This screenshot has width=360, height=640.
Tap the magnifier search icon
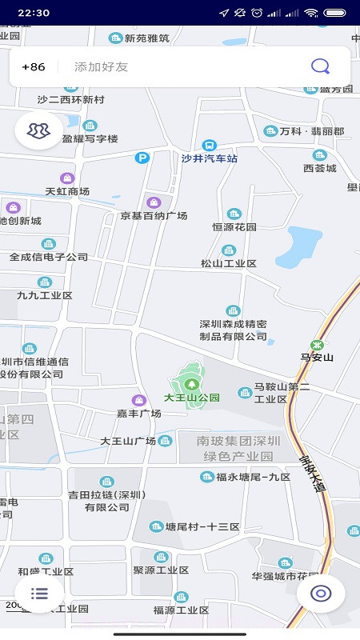tap(320, 66)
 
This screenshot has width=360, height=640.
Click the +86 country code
tap(34, 67)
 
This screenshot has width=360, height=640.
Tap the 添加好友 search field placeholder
tap(101, 67)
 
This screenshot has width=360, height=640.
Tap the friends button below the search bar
tap(38, 130)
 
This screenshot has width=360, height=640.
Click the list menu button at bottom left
tap(39, 593)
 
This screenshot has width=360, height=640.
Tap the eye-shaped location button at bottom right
tap(321, 593)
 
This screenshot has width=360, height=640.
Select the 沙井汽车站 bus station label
tap(210, 158)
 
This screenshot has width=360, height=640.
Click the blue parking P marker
tap(142, 158)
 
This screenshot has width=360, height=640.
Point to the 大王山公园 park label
tap(191, 397)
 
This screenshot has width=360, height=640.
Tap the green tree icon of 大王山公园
tap(190, 384)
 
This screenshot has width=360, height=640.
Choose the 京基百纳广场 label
tap(154, 216)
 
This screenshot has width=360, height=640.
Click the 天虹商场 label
tap(67, 191)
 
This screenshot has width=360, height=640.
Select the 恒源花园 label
tap(234, 227)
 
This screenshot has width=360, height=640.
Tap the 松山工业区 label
tap(229, 263)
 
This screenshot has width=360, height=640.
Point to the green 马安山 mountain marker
tap(318, 345)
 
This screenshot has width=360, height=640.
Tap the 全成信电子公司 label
tap(49, 258)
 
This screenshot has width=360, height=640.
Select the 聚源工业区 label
tap(161, 570)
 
